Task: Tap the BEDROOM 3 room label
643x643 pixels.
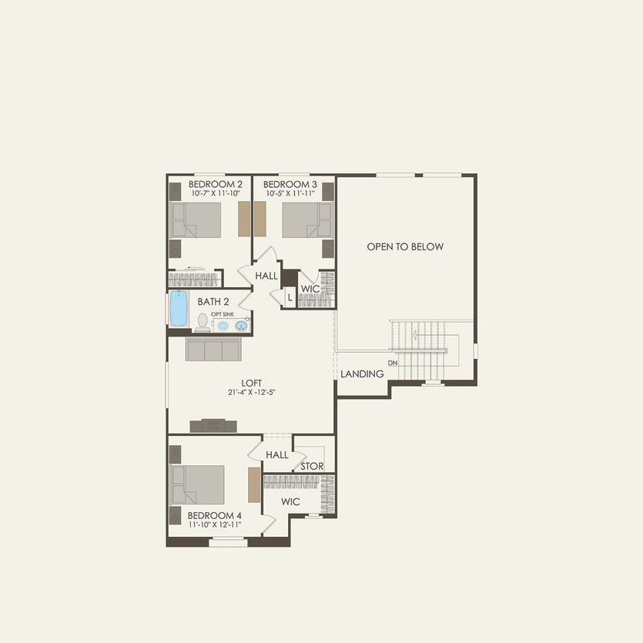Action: pos(290,185)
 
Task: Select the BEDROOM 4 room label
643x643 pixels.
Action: pos(215,515)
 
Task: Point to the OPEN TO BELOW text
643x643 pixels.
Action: pos(405,247)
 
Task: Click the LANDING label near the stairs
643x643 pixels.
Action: pos(362,374)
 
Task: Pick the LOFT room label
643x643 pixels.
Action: pos(252,382)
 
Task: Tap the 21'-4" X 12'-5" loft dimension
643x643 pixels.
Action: pos(252,392)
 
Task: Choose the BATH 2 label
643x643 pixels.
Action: pos(213,302)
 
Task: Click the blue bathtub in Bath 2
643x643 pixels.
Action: pos(179,310)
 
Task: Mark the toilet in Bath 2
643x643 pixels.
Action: pos(203,322)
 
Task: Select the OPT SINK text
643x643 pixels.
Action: pos(223,314)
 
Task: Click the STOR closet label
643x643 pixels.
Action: pos(312,467)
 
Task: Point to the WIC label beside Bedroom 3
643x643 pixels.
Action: pos(310,289)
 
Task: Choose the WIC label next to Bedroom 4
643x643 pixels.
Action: pos(290,502)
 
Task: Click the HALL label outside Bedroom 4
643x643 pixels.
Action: pos(277,455)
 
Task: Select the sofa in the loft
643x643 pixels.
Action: pos(213,350)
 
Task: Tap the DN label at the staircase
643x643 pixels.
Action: pos(393,363)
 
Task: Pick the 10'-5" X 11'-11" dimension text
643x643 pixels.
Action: pos(290,194)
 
